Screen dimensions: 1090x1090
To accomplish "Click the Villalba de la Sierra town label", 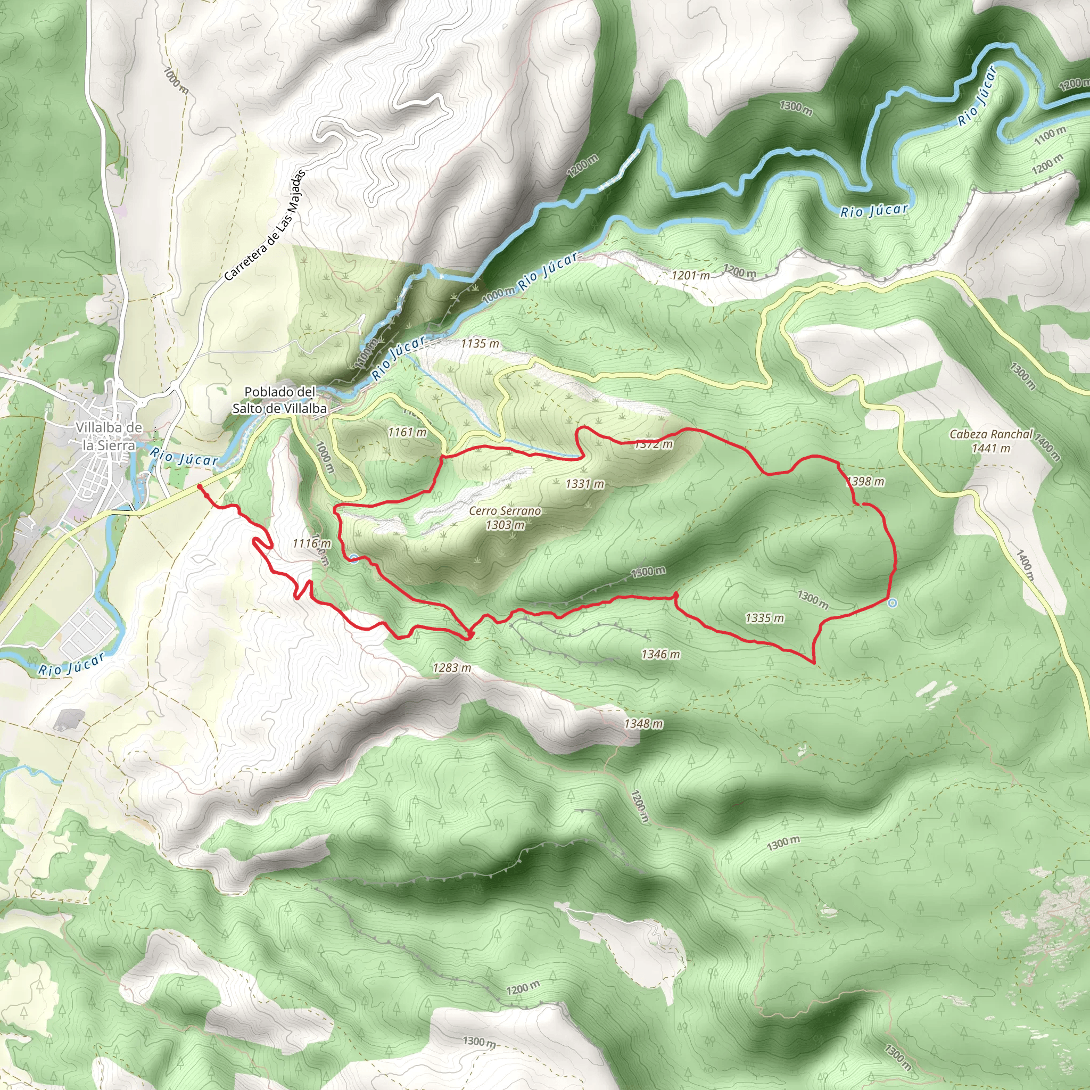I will [109, 436].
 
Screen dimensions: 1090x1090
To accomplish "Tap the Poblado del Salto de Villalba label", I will [280, 400].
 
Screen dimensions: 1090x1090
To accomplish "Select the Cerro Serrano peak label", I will [505, 511].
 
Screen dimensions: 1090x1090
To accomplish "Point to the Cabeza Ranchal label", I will [990, 434].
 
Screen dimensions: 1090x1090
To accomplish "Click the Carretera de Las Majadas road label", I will [264, 226].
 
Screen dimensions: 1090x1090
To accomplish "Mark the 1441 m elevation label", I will [990, 449].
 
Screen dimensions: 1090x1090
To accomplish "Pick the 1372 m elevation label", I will [654, 444].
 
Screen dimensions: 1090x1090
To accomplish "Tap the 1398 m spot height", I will [865, 481].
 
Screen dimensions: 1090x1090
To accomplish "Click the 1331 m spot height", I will [585, 483].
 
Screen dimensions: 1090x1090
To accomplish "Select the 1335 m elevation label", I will [764, 618].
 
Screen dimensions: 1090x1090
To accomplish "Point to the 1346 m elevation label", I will [660, 655].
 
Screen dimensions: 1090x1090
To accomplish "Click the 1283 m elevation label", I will [452, 667].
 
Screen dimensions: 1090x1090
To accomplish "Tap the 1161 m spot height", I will [407, 432].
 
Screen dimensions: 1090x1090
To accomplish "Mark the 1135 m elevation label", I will [480, 343].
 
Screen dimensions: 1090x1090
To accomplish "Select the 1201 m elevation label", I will [690, 275].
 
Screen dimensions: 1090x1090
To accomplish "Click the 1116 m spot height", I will [311, 543].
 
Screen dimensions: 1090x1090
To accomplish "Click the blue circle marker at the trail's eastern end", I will [893, 604].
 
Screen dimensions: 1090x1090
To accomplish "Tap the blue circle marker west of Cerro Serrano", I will [354, 558].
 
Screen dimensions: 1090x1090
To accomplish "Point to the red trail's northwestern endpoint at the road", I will [200, 486].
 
